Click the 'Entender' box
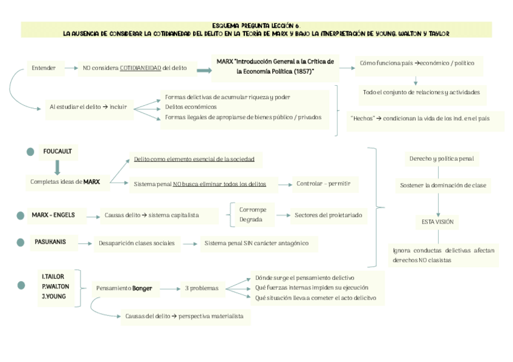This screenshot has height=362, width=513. [x=44, y=68]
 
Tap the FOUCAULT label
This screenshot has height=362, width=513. [x=57, y=152]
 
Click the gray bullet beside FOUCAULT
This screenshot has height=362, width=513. [x=30, y=152]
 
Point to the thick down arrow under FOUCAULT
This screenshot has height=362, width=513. [x=57, y=167]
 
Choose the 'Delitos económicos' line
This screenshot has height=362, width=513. [x=191, y=107]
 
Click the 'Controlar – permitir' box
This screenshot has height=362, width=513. [x=324, y=183]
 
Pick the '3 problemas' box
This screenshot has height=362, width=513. [x=201, y=288]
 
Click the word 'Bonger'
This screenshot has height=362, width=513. [x=142, y=289]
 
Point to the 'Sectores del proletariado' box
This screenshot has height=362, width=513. [x=328, y=215]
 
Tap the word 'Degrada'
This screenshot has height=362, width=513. [x=250, y=220]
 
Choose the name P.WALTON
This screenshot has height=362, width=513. [x=56, y=286]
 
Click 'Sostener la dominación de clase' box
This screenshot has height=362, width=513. [x=442, y=186]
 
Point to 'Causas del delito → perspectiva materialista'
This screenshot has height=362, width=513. [x=184, y=316]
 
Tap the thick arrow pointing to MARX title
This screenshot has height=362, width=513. [x=204, y=71]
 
